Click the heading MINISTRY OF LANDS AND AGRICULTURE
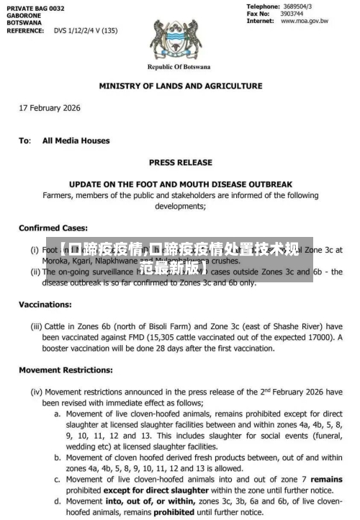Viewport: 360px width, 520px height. pyautogui.click(x=180, y=86)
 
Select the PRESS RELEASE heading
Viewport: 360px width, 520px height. pyautogui.click(x=180, y=162)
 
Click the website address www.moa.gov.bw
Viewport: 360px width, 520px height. pyautogui.click(x=304, y=21)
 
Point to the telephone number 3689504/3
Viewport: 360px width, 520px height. pyautogui.click(x=297, y=6)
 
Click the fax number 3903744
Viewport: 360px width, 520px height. pyautogui.click(x=292, y=14)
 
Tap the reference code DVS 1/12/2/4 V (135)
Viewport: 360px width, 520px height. pyautogui.click(x=86, y=31)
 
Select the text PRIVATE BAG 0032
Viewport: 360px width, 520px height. pyautogui.click(x=35, y=7)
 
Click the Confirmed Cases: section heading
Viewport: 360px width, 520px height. pyautogui.click(x=53, y=228)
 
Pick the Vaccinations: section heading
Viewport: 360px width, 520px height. pyautogui.click(x=45, y=305)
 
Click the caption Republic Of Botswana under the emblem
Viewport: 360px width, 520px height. pyautogui.click(x=179, y=67)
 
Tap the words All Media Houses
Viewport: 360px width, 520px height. pyautogui.click(x=76, y=140)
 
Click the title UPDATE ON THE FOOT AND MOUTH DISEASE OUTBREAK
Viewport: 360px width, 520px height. pyautogui.click(x=180, y=184)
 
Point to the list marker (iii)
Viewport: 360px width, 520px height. pyautogui.click(x=35, y=326)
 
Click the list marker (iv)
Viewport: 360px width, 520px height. pyautogui.click(x=35, y=393)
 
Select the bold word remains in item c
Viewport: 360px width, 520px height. pyautogui.click(x=327, y=479)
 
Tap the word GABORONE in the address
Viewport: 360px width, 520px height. pyautogui.click(x=26, y=15)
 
